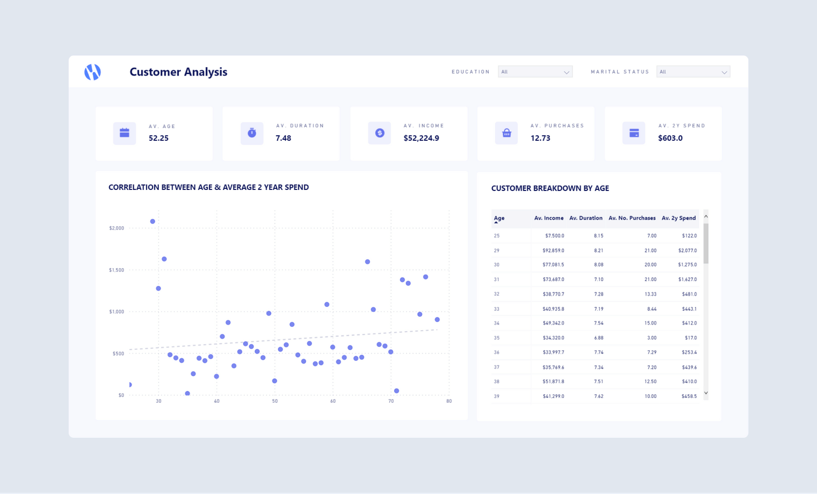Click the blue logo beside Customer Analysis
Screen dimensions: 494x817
[92, 72]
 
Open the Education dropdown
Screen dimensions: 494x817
[535, 72]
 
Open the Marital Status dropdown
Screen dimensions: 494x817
[693, 72]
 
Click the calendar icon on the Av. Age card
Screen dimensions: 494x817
[125, 133]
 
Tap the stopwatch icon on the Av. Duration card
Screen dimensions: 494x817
[252, 133]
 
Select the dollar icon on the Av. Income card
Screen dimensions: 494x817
[379, 133]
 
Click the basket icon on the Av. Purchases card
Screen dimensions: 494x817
[507, 133]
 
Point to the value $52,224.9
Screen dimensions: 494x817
[421, 138]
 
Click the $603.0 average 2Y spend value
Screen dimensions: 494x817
[670, 138]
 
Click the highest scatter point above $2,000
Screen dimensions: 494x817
[153, 221]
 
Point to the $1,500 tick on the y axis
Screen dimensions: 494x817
[116, 270]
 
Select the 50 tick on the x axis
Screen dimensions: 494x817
[275, 401]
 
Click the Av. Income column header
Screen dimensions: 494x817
[549, 218]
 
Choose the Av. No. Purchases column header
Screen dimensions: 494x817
[632, 218]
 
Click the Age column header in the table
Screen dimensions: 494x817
[499, 218]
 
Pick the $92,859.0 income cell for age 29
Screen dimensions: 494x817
[553, 251]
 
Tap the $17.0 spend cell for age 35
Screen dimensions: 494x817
[690, 338]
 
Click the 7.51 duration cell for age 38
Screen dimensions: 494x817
[598, 382]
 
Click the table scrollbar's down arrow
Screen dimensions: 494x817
[706, 393]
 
